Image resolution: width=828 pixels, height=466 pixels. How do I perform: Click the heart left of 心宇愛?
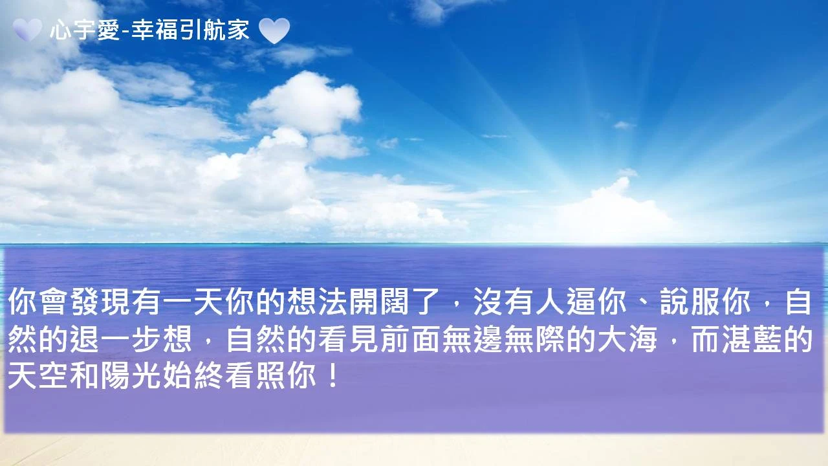pyautogui.click(x=27, y=30)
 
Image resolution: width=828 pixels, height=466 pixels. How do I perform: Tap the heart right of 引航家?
pyautogui.click(x=274, y=30)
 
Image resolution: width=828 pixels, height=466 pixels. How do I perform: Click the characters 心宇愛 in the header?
pyautogui.click(x=85, y=30)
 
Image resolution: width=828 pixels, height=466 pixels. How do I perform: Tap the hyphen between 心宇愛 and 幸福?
pyautogui.click(x=125, y=32)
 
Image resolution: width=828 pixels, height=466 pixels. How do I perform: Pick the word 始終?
pyautogui.click(x=193, y=376)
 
